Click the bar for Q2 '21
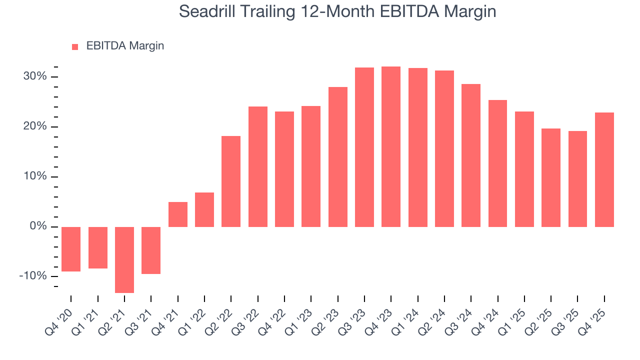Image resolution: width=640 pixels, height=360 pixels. pyautogui.click(x=124, y=259)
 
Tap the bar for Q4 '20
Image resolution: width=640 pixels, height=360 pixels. pyautogui.click(x=71, y=249)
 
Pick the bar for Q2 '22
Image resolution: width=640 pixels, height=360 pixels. pyautogui.click(x=231, y=181)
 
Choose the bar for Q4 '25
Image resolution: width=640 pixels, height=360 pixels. pyautogui.click(x=604, y=169)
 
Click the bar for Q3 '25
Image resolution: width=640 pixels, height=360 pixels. pyautogui.click(x=577, y=178)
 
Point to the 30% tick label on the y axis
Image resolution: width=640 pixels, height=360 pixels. pyautogui.click(x=35, y=76)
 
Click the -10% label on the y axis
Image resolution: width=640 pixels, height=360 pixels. pyautogui.click(x=33, y=276)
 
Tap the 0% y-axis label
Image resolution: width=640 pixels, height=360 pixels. pyautogui.click(x=38, y=226)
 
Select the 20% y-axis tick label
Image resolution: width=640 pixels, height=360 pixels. pyautogui.click(x=35, y=126)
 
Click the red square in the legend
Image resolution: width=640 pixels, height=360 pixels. pyautogui.click(x=75, y=46)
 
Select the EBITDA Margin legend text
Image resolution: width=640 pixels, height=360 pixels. pyautogui.click(x=125, y=46)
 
